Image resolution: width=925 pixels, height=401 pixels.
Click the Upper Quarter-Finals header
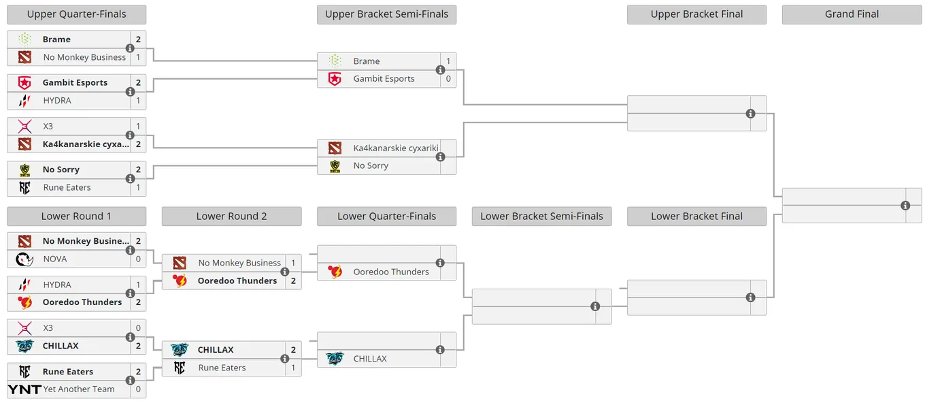tap(76, 14)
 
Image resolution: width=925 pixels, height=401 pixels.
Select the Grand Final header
tap(852, 14)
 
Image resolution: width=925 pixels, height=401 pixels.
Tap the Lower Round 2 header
tap(231, 216)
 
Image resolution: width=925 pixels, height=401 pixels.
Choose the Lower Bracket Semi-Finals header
tap(541, 216)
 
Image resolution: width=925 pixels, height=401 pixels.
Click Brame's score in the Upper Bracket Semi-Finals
tap(448, 61)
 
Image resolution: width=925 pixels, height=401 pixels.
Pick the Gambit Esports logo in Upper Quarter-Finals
tap(24, 82)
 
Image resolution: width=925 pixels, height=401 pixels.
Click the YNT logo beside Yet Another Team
tap(24, 389)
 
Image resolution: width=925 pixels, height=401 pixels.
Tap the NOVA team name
tap(55, 259)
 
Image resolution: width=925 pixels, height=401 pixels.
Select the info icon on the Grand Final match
tap(905, 206)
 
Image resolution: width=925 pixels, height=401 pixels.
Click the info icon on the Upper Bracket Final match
tap(750, 114)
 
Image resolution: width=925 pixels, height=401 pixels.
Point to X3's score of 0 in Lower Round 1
tap(138, 328)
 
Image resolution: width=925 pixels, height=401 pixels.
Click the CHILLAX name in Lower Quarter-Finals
tap(370, 359)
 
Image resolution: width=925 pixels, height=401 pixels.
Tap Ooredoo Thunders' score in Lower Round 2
tap(293, 281)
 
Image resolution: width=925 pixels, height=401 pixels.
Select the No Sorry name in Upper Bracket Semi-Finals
tap(371, 165)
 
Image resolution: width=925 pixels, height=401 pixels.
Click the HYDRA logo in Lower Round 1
tap(24, 285)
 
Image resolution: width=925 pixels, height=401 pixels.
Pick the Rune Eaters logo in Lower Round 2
tap(180, 368)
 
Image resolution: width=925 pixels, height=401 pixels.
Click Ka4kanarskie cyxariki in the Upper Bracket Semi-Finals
tap(396, 148)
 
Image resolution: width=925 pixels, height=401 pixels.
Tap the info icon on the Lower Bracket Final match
tap(750, 298)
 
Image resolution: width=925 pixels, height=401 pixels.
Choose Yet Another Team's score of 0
tap(138, 389)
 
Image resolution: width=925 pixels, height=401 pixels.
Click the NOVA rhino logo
tap(24, 259)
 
